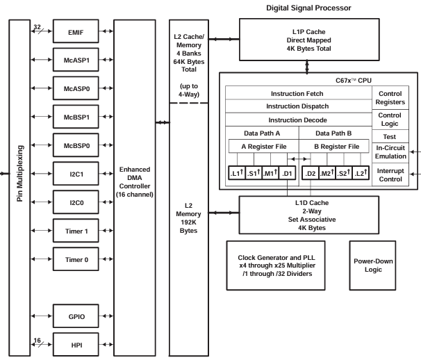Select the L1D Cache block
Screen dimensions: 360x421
click(x=306, y=213)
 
